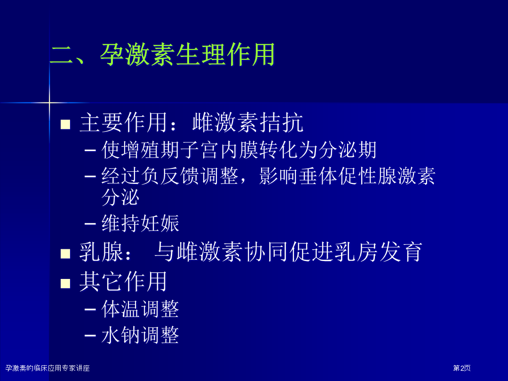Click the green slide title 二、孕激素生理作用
click(x=162, y=55)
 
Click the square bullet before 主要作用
click(x=65, y=124)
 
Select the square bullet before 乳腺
click(x=65, y=254)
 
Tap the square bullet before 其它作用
click(x=65, y=284)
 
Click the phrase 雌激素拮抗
click(x=248, y=122)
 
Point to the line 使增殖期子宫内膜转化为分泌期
click(x=239, y=150)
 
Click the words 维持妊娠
click(x=140, y=223)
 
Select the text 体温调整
click(x=140, y=309)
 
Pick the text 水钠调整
click(x=140, y=335)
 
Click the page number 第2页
click(x=462, y=368)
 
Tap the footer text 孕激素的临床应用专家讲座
click(x=48, y=368)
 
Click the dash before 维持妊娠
click(x=90, y=223)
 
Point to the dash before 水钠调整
click(x=90, y=335)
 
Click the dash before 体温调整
click(x=90, y=310)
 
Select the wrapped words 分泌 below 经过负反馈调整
click(x=120, y=197)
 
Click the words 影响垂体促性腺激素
click(x=347, y=176)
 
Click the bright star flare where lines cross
click(x=49, y=103)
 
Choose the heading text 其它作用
click(x=123, y=282)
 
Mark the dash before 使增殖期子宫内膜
click(x=90, y=151)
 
